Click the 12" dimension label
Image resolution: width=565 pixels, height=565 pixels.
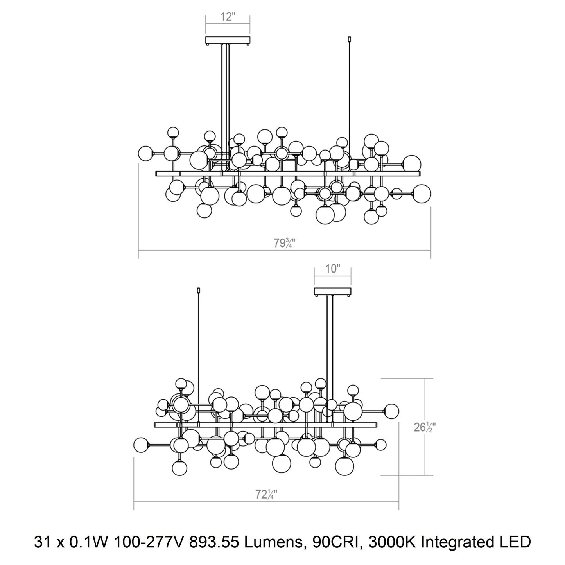click(x=228, y=16)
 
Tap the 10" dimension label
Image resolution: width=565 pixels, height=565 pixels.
click(x=332, y=269)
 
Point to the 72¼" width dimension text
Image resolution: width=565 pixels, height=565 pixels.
click(x=266, y=495)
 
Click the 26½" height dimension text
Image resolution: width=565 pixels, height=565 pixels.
click(x=423, y=427)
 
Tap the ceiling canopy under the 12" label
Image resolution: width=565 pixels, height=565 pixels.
click(x=228, y=40)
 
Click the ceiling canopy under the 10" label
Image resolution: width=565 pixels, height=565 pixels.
click(x=332, y=292)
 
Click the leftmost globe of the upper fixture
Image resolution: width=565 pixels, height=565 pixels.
click(x=146, y=153)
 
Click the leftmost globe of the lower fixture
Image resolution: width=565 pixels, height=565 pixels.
click(x=141, y=445)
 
